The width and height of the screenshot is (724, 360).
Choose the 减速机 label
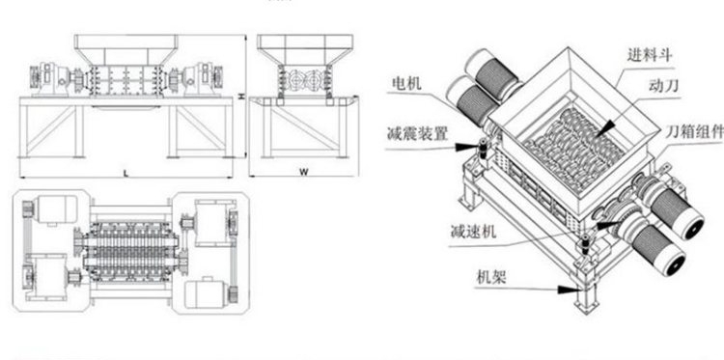click(x=471, y=232)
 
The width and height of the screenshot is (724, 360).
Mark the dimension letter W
click(x=302, y=172)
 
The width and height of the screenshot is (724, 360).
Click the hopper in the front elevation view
click(x=125, y=46)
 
